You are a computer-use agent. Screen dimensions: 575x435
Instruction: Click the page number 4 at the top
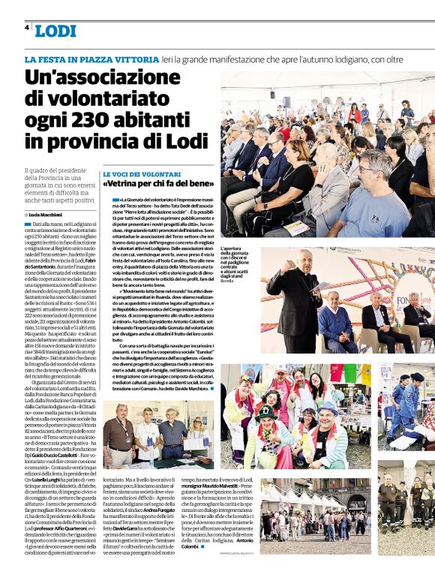[x=26, y=27]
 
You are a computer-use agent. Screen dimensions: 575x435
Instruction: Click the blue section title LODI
[x=55, y=31]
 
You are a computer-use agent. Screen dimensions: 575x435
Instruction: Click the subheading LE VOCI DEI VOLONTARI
[x=136, y=173]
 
